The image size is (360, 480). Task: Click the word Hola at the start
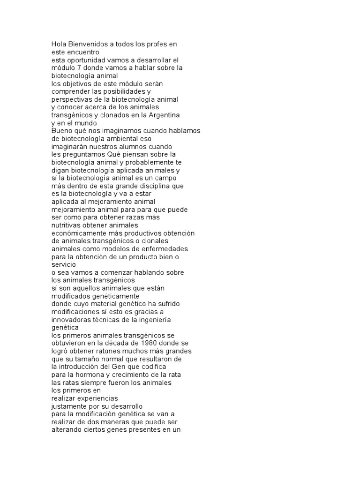click(x=59, y=44)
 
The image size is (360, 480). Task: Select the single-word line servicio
click(x=63, y=265)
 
